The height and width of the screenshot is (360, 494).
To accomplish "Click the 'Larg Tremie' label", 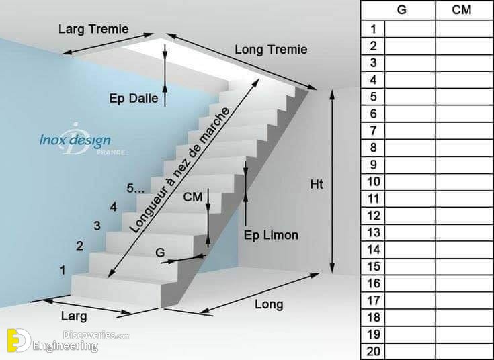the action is coord(93,30).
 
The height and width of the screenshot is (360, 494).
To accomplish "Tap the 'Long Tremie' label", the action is coord(271,50).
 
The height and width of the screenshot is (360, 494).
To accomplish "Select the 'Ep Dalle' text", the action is coord(134,98).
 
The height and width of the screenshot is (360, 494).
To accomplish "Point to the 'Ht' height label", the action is coord(317,184).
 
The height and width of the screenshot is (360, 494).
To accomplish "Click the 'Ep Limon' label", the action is coord(271,235).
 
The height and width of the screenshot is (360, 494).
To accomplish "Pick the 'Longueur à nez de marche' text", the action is coord(179,170).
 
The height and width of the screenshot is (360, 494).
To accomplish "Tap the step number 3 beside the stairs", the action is coord(97,226).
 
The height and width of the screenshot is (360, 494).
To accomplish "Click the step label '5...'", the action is coord(136,188).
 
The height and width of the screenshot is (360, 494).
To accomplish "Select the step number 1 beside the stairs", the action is coord(63,270).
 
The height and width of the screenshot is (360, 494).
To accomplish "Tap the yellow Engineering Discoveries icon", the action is coord(19,341).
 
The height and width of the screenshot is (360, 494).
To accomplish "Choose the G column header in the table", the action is coord(402,10).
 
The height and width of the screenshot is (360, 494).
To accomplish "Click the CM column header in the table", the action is coord(462,10).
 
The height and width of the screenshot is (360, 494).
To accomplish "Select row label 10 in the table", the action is coord(374,182).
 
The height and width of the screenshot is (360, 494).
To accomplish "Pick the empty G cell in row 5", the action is coord(410,97).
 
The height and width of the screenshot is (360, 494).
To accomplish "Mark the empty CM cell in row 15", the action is coord(464,267).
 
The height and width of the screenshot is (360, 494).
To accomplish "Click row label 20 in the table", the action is coord(374,351).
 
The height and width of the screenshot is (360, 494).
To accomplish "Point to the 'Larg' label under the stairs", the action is coord(74,316).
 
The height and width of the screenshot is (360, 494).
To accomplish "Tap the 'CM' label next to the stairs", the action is coord(192,197).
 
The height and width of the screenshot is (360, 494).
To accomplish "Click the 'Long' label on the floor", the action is coord(269,304).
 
